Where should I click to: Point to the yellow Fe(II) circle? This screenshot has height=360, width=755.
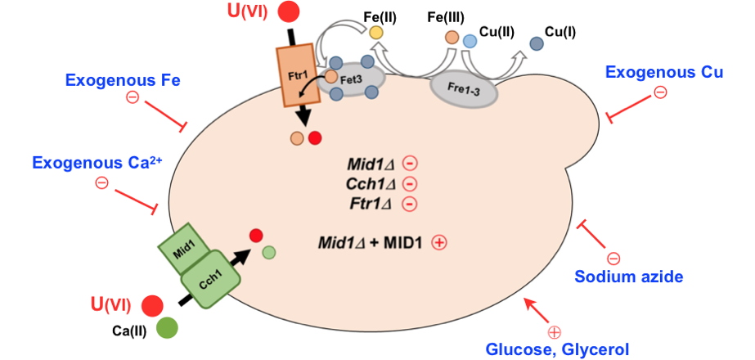tap(375, 32)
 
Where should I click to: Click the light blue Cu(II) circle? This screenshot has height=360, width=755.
tap(470, 40)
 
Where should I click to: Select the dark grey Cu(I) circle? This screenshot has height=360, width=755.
tap(536, 43)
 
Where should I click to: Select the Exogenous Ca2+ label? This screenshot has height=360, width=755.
tap(98, 163)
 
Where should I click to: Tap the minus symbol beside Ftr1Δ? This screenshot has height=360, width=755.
tap(411, 204)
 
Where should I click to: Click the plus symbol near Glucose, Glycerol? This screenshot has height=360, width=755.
tap(555, 331)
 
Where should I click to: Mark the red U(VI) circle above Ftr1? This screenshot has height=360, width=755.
tap(288, 12)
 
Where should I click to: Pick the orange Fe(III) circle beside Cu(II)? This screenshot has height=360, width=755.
tap(452, 37)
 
